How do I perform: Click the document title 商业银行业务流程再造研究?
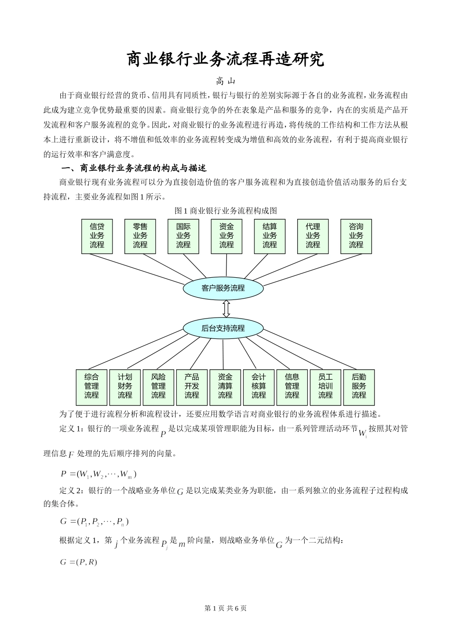(x=225, y=59)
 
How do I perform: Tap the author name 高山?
(x=225, y=82)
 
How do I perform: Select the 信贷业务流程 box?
(x=97, y=236)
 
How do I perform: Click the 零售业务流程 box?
(x=140, y=236)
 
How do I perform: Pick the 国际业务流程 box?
(x=183, y=236)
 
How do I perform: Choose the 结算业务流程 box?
(x=270, y=236)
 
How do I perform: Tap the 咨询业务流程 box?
(x=356, y=236)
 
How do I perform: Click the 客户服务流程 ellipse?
(x=223, y=288)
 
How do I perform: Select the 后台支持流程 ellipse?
(x=223, y=328)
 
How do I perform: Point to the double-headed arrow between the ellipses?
(x=226, y=308)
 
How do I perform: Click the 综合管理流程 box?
(x=92, y=386)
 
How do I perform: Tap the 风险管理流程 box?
(x=159, y=386)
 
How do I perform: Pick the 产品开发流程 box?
(x=192, y=386)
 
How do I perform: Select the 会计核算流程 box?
(x=259, y=386)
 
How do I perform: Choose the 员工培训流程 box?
(x=326, y=386)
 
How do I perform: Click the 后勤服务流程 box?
(x=359, y=386)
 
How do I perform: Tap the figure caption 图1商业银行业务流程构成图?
(x=225, y=211)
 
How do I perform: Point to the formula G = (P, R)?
(x=79, y=562)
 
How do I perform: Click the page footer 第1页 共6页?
(x=225, y=608)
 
